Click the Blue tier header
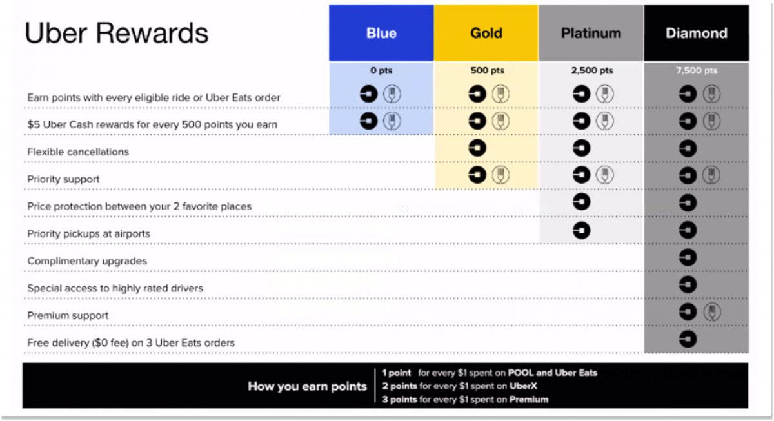click(381, 33)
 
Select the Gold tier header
click(486, 33)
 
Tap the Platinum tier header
click(591, 33)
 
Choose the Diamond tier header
click(696, 33)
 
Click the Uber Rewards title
click(117, 33)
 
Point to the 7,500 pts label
click(697, 70)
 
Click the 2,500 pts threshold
click(592, 70)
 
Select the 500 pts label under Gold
click(487, 70)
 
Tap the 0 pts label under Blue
click(381, 70)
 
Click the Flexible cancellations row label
click(78, 152)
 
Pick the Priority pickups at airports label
click(89, 234)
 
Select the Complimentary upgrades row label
click(87, 260)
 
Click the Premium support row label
click(68, 315)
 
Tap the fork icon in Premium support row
click(712, 312)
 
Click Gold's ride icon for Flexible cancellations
click(477, 148)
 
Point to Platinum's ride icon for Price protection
click(582, 202)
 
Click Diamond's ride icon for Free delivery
click(688, 339)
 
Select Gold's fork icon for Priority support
click(501, 175)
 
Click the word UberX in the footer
click(523, 386)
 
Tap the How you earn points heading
click(307, 386)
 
